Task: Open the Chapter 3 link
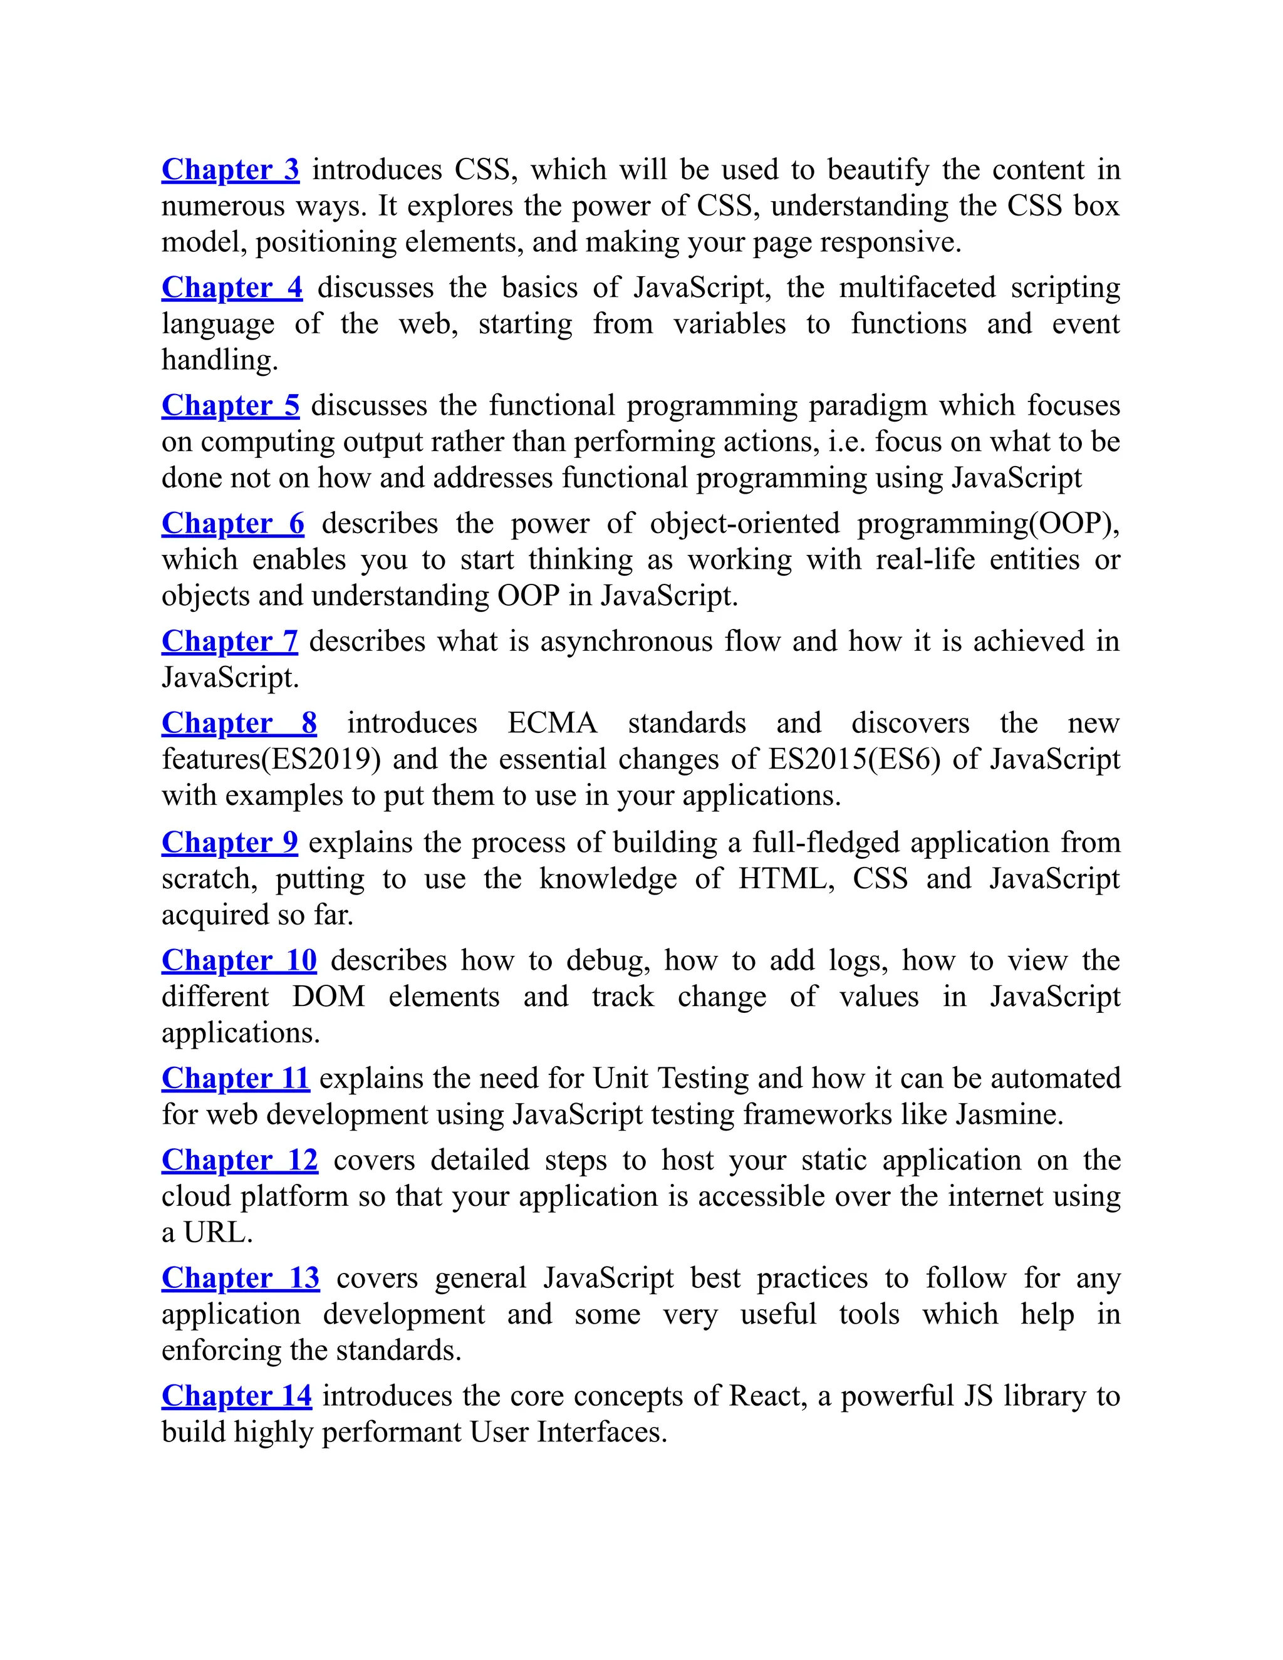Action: click(x=231, y=170)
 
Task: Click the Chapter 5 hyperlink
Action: click(x=231, y=405)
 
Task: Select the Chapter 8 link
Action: click(x=239, y=723)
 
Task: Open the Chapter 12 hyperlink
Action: click(x=239, y=1160)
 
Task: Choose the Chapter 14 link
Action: click(x=236, y=1396)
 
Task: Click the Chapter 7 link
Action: click(x=229, y=641)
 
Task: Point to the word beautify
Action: click(x=878, y=170)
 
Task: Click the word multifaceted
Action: click(x=917, y=288)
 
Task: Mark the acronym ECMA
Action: click(x=553, y=723)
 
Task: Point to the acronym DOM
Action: click(x=328, y=997)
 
